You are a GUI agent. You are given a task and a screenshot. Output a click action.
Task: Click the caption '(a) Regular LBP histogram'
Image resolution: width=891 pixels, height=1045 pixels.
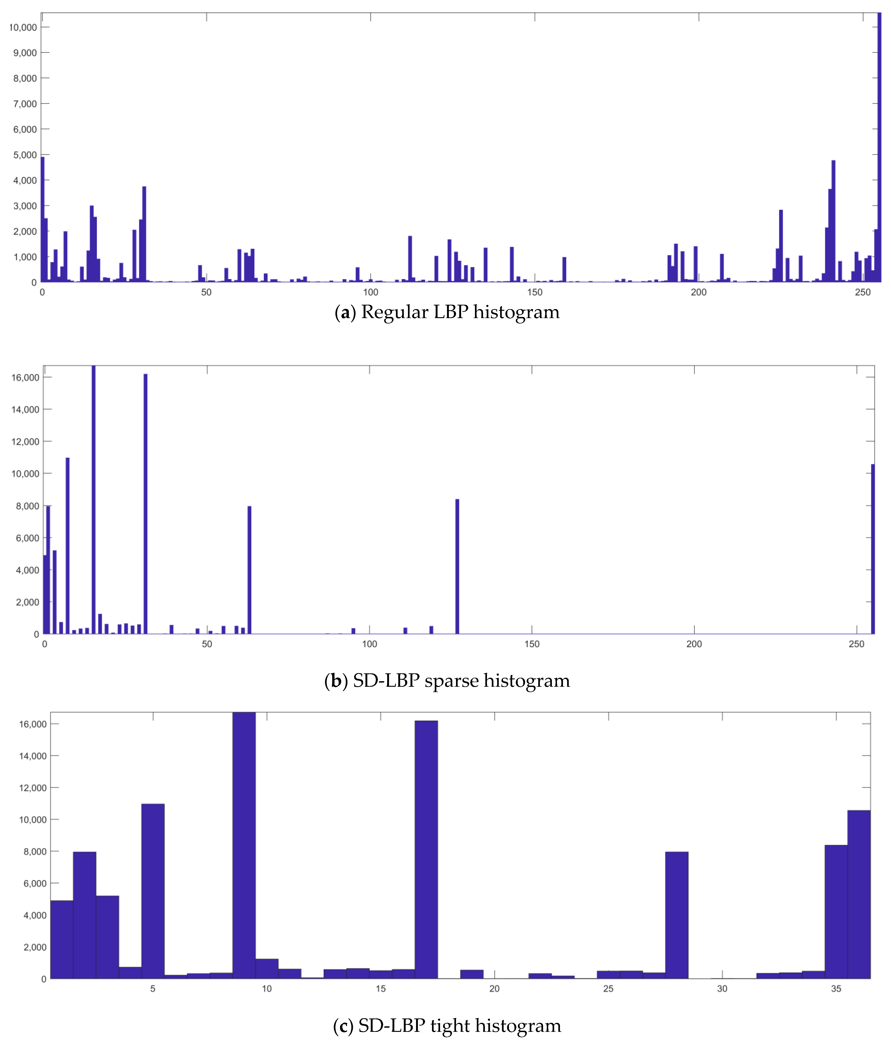pyautogui.click(x=447, y=312)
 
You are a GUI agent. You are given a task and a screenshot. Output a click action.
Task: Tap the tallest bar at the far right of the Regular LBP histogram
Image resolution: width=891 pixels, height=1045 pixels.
pyautogui.click(x=879, y=151)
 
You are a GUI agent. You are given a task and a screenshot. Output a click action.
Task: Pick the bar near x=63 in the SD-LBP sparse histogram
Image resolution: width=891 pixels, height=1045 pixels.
pyautogui.click(x=249, y=570)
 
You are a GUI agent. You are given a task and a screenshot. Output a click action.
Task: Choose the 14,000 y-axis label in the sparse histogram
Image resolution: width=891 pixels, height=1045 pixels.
pyautogui.click(x=25, y=410)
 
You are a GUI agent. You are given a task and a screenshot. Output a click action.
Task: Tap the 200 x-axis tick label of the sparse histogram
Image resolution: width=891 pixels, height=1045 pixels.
pyautogui.click(x=694, y=644)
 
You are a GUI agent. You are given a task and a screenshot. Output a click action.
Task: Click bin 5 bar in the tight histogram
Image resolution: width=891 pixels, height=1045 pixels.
pyautogui.click(x=153, y=890)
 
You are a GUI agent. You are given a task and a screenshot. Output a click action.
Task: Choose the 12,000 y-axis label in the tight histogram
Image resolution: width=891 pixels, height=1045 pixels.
pyautogui.click(x=33, y=788)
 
